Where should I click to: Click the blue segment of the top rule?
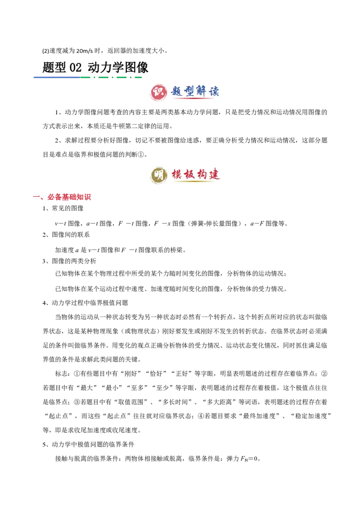pos(56,77)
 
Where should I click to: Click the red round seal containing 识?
pos(158,92)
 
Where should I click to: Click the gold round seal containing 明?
pos(158,174)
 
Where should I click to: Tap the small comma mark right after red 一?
pos(42,199)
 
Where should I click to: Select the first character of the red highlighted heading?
pos(50,197)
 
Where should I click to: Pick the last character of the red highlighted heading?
pos(90,197)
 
